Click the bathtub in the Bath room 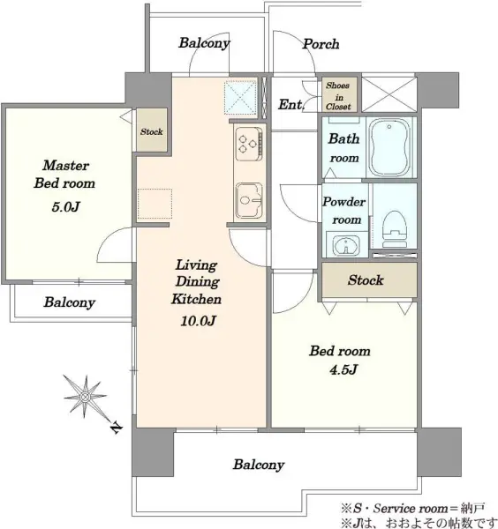(390, 147)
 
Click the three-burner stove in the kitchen (249, 144)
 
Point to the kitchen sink (249, 200)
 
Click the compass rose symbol (85, 397)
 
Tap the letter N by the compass (116, 428)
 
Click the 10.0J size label (199, 321)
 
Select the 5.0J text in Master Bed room (65, 206)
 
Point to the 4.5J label (343, 369)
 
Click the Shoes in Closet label (338, 96)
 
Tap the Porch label (321, 44)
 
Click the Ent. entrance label (291, 105)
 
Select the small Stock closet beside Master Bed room (152, 130)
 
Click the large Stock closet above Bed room (369, 280)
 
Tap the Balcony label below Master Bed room (69, 302)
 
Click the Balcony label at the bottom (259, 465)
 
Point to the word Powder (344, 202)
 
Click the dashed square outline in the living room (155, 204)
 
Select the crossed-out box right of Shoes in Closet (389, 94)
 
